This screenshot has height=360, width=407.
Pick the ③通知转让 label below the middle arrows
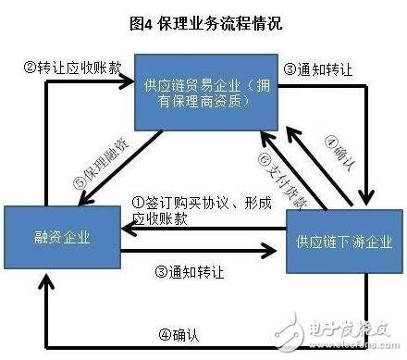point(194,274)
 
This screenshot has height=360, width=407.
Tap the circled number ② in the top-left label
point(29,68)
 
